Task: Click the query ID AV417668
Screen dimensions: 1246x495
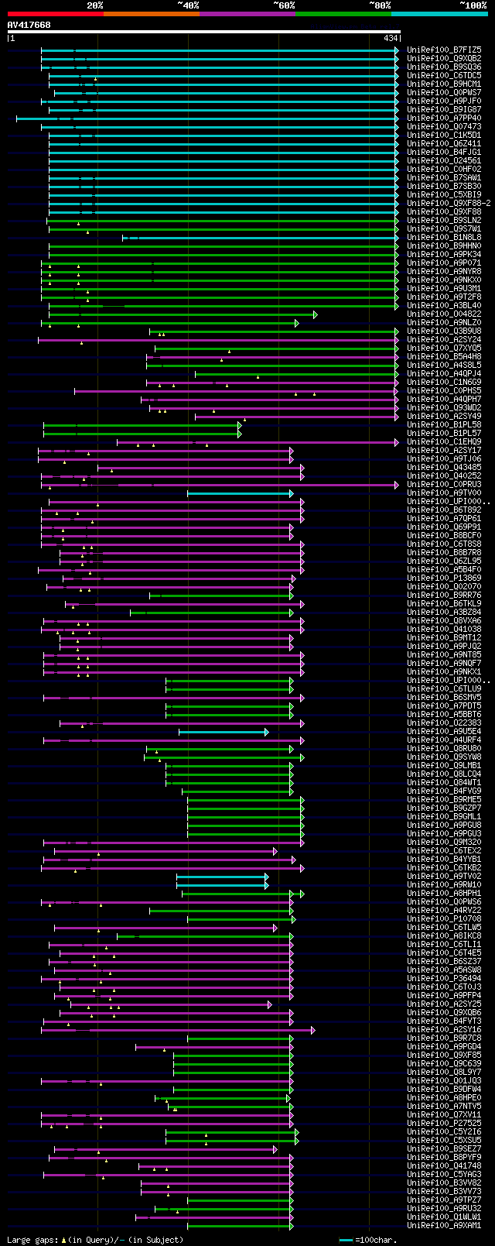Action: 29,25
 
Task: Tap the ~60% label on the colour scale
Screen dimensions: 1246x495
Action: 284,5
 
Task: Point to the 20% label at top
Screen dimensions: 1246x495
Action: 94,5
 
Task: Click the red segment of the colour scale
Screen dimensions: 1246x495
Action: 54,14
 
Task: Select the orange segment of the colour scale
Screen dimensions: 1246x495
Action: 151,14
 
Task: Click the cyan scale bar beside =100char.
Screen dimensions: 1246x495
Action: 346,1240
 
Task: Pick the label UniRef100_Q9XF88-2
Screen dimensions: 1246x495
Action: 449,203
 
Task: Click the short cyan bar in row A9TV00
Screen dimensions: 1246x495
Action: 239,493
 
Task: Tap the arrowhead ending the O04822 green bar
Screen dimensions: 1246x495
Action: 315,314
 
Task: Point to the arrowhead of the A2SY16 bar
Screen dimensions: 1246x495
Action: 312,1030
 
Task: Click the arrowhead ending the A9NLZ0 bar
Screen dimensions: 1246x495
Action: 296,323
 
